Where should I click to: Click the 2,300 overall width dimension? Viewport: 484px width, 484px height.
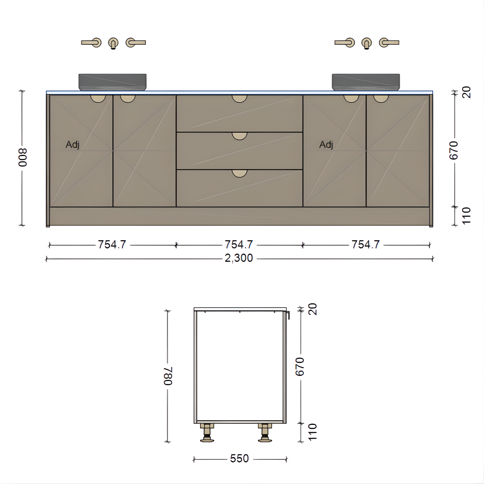pos(239,258)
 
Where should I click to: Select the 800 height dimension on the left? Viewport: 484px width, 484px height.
pos(23,157)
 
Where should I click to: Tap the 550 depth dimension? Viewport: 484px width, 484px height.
pos(239,459)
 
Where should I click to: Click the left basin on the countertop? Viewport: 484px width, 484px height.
pos(112,82)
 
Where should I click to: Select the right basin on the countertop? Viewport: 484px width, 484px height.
pos(366,82)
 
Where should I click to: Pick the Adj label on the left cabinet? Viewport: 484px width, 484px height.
pos(72,145)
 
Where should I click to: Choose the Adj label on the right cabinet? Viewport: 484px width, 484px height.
pos(326,145)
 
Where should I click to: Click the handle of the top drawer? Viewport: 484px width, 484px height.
pos(239,98)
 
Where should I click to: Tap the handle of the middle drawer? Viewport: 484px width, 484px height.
pos(239,136)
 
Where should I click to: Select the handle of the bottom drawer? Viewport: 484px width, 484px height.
pos(239,173)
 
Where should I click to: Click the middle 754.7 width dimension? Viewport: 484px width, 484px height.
pos(239,245)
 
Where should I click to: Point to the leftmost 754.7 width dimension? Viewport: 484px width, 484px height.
pos(112,245)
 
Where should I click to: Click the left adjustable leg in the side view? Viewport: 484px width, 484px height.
pos(207,432)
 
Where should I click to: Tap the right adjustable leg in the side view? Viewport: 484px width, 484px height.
pos(265,432)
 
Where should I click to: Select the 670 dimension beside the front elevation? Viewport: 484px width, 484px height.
pos(454,150)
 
